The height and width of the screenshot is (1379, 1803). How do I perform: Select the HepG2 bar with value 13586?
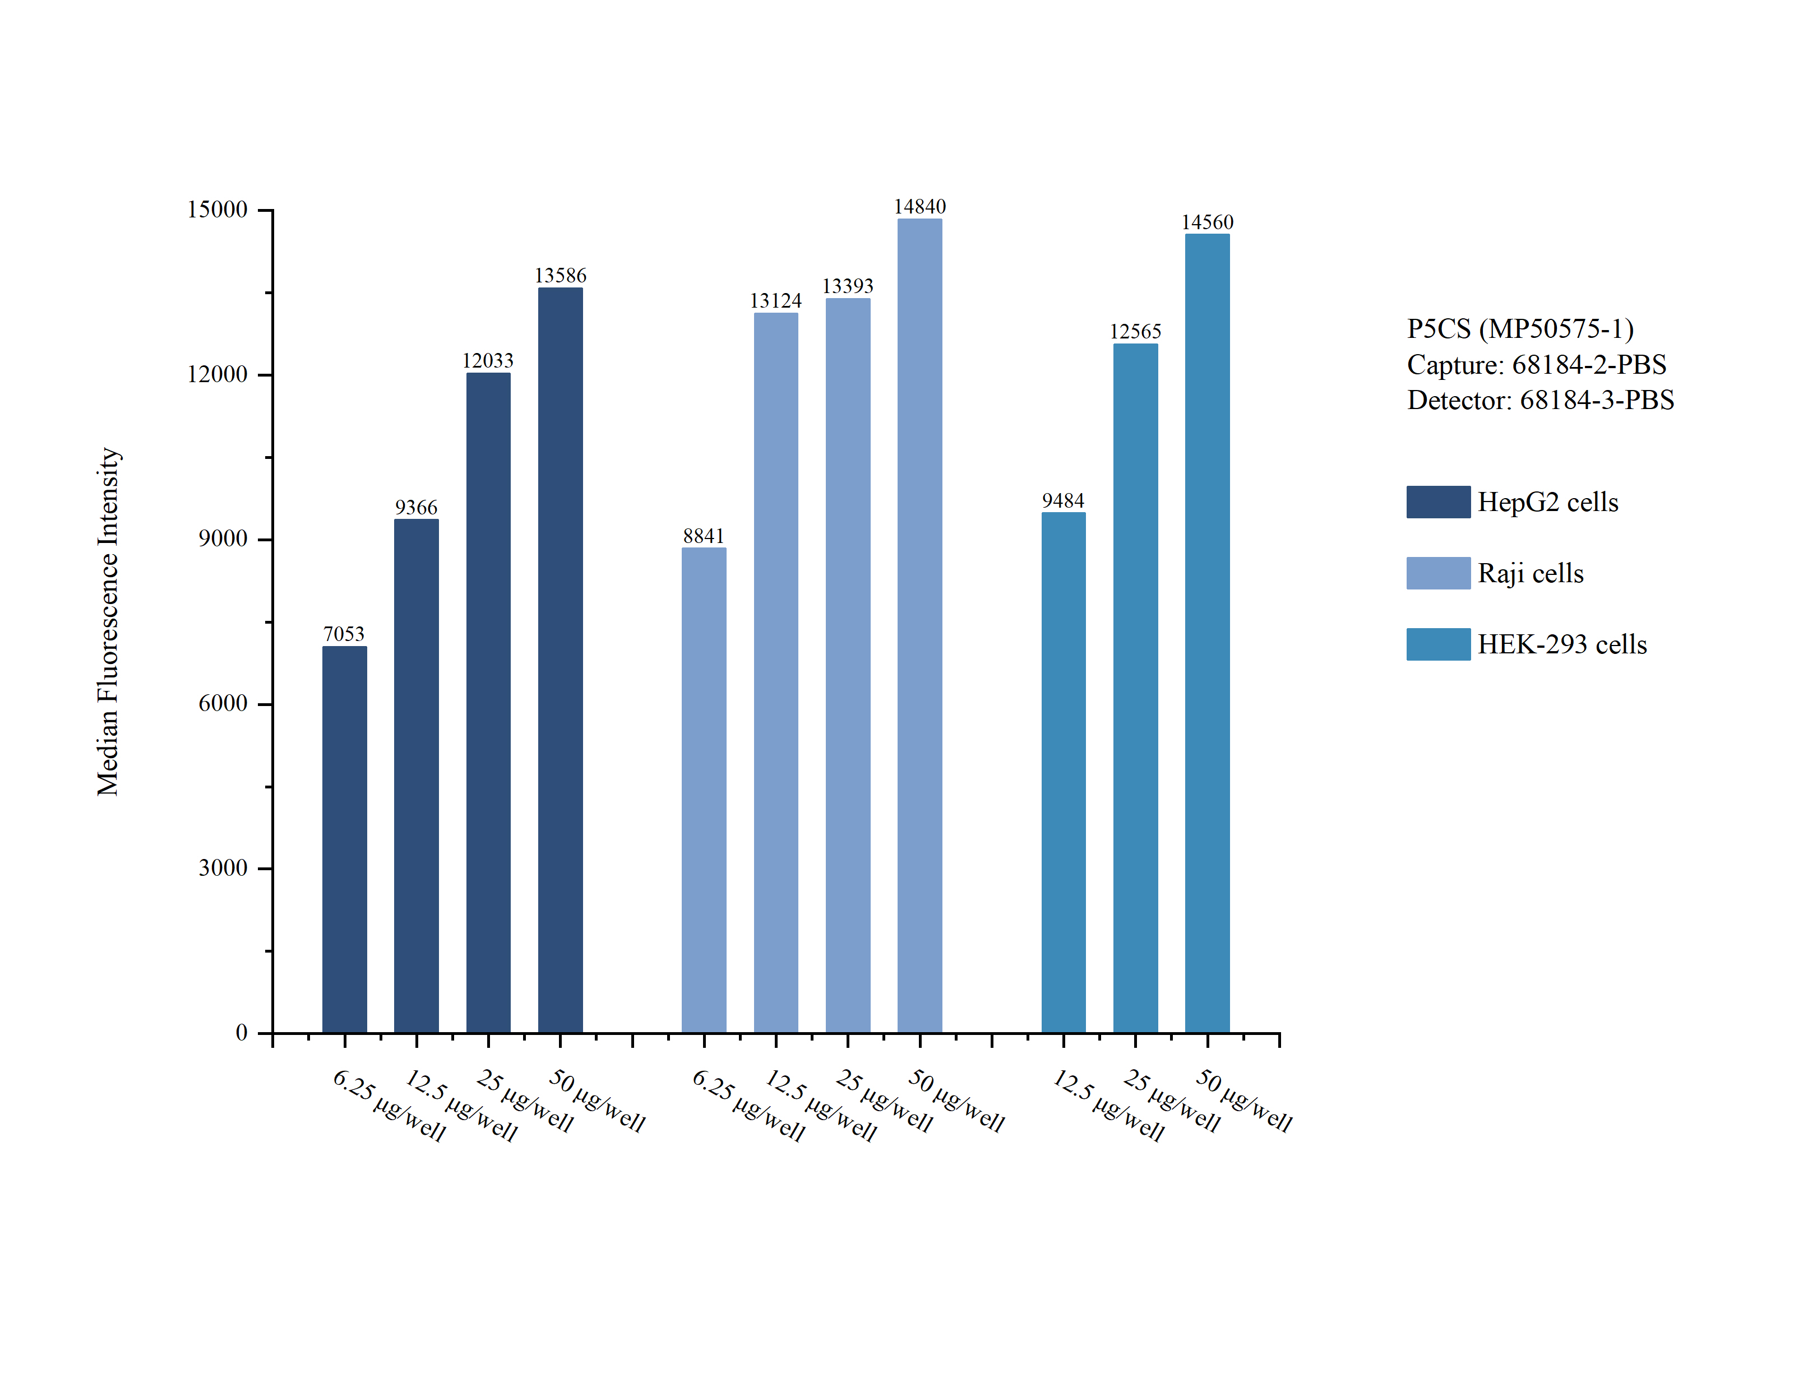pos(560,660)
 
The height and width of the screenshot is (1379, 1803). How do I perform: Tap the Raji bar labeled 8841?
pos(704,790)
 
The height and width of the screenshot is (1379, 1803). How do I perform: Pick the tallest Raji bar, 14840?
pos(919,625)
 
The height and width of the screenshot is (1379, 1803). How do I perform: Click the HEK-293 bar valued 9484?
pos(1064,772)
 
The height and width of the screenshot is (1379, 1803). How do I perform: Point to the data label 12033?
pos(488,361)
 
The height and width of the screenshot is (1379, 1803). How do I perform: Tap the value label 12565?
pos(1135,332)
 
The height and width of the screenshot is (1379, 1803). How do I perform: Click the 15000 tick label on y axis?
pos(217,210)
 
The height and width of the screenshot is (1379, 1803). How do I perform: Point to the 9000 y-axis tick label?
pos(223,539)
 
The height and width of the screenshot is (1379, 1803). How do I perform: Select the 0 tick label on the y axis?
pos(242,1033)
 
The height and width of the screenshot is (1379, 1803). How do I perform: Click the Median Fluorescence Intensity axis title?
pos(108,621)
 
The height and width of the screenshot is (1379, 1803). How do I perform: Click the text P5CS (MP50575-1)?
pos(1520,329)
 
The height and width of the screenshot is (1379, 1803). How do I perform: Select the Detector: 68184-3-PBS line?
pos(1540,401)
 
